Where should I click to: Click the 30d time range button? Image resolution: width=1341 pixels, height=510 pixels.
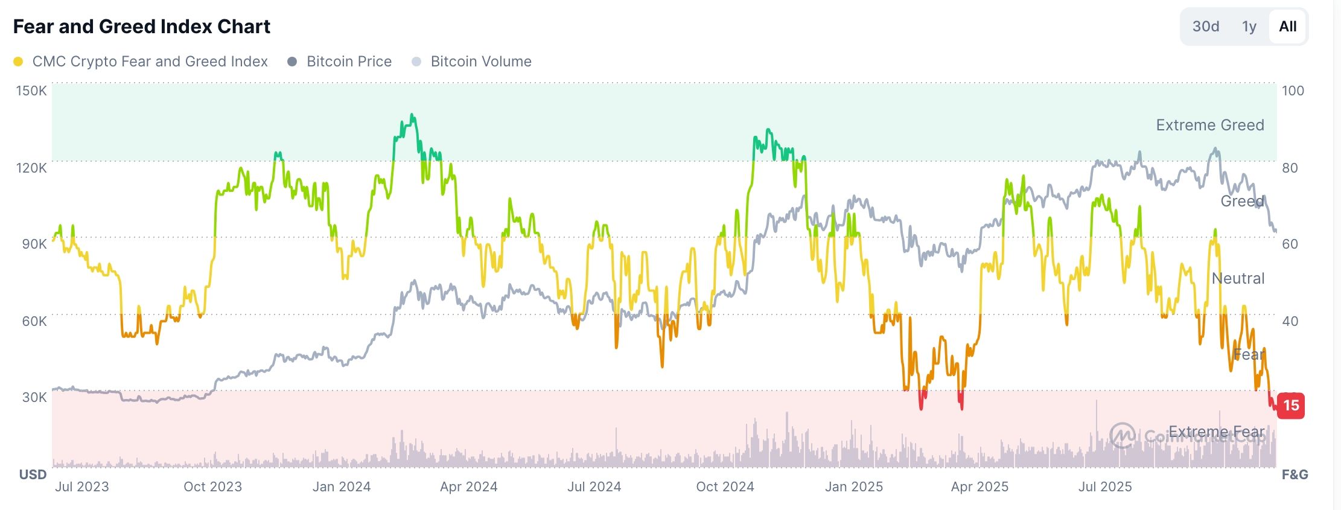tap(1205, 27)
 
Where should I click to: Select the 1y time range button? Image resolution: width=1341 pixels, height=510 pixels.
tap(1249, 27)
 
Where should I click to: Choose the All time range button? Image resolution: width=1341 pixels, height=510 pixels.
tap(1287, 27)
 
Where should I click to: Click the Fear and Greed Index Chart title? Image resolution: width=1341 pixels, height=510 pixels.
tap(142, 27)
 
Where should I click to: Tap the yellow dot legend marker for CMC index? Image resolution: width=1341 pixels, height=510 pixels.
tap(18, 62)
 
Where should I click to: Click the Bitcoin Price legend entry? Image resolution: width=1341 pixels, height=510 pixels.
tap(348, 62)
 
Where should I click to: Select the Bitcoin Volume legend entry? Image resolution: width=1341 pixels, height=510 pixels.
tap(480, 62)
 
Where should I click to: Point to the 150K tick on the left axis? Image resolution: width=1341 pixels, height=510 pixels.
tap(31, 91)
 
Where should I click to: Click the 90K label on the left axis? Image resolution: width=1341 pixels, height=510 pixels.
tap(34, 244)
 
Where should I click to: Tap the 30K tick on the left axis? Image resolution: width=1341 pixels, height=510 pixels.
tap(34, 397)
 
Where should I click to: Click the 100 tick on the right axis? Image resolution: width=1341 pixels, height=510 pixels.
tap(1293, 91)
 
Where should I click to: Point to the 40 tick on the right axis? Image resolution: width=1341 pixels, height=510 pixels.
tap(1290, 321)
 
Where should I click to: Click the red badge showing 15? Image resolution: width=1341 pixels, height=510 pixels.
tap(1291, 405)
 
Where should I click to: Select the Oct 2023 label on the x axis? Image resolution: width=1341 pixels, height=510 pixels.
tap(212, 486)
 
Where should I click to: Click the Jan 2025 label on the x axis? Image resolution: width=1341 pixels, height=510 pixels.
tap(853, 486)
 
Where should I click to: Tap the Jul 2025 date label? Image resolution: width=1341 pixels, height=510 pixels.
tap(1104, 486)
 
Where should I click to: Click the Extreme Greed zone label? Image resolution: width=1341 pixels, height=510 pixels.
tap(1209, 125)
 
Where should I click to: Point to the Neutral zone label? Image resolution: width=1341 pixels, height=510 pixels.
tap(1238, 278)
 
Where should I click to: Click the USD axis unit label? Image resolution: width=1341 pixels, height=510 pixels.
tap(33, 474)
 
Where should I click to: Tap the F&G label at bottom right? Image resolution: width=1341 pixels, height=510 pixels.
tap(1295, 474)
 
